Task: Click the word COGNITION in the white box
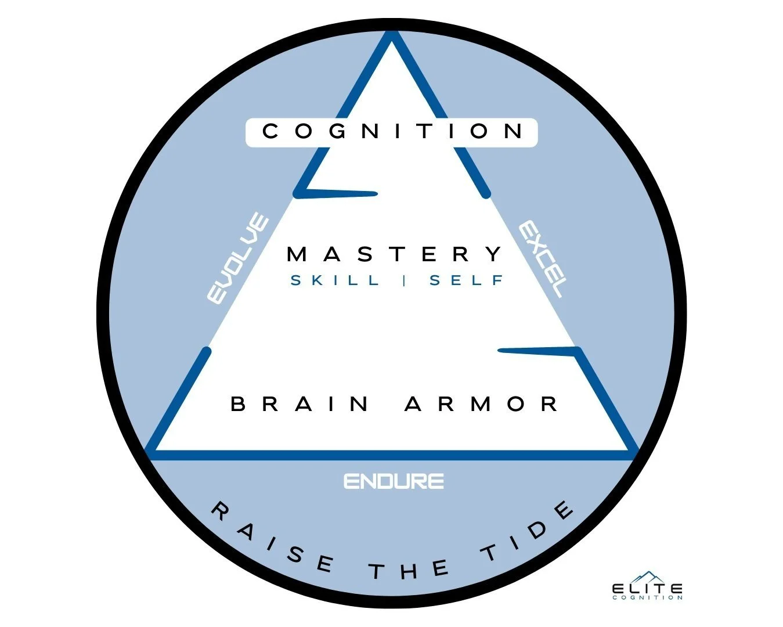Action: [x=392, y=132]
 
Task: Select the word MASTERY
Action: [x=395, y=254]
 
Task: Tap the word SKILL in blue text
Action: [x=335, y=281]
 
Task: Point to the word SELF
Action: [x=466, y=281]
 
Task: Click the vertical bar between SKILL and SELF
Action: [x=404, y=281]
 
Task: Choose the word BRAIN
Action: [x=300, y=403]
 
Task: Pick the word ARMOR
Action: [x=481, y=403]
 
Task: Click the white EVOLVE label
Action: [x=238, y=259]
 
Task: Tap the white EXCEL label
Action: [x=542, y=258]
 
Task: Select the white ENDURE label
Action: [x=394, y=481]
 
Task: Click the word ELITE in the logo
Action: [x=647, y=589]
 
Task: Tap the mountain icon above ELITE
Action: [x=647, y=576]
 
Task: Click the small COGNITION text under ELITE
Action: [x=647, y=597]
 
